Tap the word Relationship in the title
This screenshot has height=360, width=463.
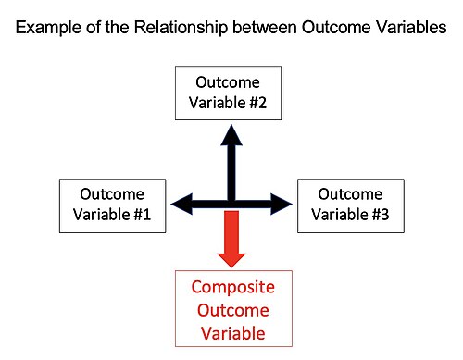click(x=181, y=28)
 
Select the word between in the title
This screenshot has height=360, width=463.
click(x=265, y=27)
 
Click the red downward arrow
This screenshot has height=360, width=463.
click(x=231, y=239)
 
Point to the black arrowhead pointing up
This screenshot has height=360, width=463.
click(x=231, y=135)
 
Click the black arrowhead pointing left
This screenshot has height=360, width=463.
click(x=181, y=204)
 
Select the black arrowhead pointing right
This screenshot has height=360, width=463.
click(x=282, y=204)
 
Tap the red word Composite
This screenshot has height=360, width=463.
click(x=233, y=288)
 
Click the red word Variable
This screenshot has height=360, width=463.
click(x=233, y=333)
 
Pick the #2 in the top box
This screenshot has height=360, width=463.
click(x=257, y=103)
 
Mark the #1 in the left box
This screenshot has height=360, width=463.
click(x=143, y=215)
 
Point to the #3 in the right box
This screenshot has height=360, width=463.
click(x=381, y=215)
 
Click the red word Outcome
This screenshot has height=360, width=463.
click(x=233, y=310)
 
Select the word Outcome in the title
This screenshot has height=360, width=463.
click(x=336, y=27)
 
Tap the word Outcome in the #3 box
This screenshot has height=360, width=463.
click(x=350, y=194)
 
